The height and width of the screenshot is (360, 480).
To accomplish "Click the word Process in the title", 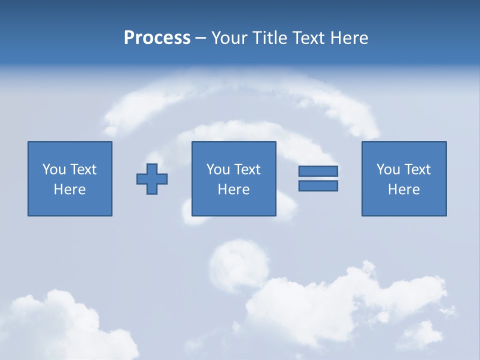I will (x=157, y=38).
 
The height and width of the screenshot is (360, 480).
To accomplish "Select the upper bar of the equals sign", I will (x=318, y=171).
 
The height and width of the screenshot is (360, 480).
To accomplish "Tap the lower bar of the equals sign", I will (x=318, y=186).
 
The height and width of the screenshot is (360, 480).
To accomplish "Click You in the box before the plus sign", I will (x=54, y=169).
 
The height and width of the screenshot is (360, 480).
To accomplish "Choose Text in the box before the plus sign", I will (x=83, y=169).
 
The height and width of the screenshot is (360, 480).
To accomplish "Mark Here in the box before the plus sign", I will (x=69, y=189).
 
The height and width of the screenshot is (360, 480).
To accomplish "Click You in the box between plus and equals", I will (x=218, y=169).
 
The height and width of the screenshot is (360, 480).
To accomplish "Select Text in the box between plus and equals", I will (x=247, y=169).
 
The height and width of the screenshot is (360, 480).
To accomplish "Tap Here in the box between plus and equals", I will (x=233, y=189).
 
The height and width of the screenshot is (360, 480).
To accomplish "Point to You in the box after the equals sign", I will (x=388, y=169).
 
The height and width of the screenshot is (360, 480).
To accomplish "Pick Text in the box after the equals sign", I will (x=417, y=169).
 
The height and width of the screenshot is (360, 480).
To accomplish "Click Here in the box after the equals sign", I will (x=403, y=189).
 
